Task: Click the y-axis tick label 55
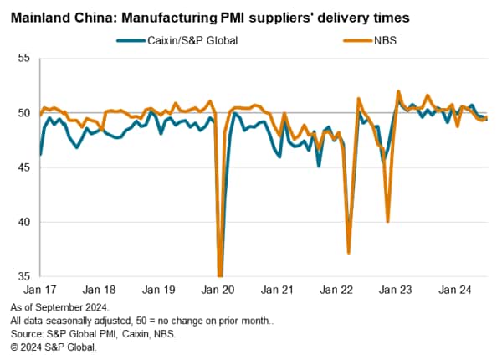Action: click(23, 58)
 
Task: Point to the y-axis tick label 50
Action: click(23, 113)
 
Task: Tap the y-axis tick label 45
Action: click(23, 167)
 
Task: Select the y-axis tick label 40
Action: click(23, 222)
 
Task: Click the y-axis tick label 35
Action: click(23, 276)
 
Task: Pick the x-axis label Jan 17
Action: click(40, 290)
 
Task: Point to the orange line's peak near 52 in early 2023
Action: click(398, 91)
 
